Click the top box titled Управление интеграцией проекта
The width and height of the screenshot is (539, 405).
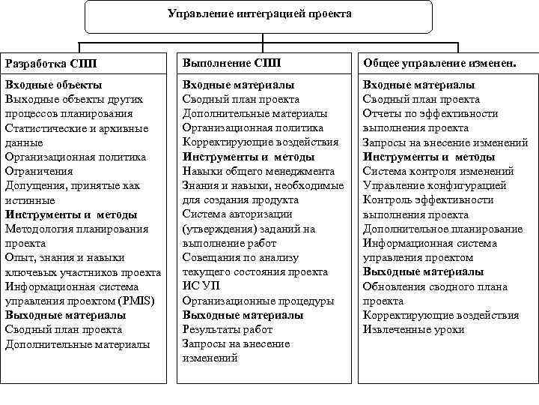click(259, 15)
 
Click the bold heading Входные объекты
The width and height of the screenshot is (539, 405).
click(53, 85)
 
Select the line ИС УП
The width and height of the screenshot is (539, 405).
click(200, 286)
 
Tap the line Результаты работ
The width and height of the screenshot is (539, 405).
click(228, 329)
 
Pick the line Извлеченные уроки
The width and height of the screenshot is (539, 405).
click(413, 329)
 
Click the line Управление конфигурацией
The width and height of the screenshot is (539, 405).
click(434, 185)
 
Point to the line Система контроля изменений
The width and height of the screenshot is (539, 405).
click(438, 171)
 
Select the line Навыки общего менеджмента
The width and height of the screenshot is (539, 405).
click(258, 171)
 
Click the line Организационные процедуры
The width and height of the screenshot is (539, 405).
click(258, 301)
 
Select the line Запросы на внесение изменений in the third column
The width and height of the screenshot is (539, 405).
click(445, 142)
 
